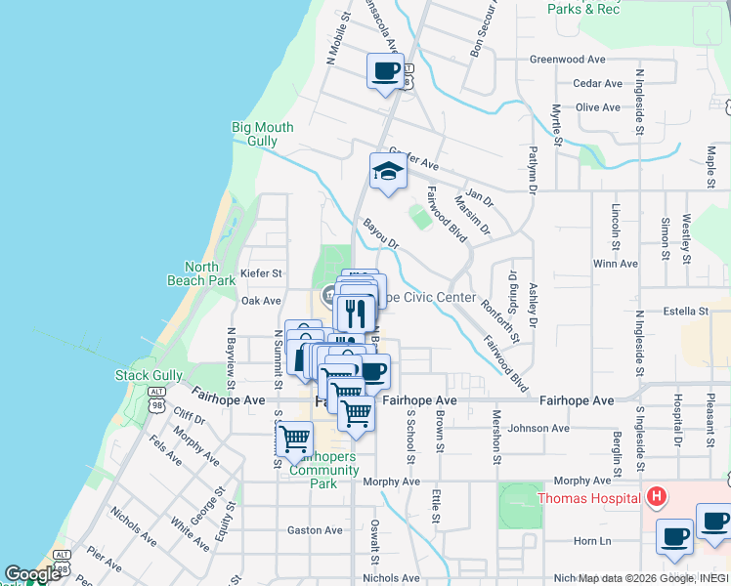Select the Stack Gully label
point(149,374)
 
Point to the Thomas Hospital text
point(589,498)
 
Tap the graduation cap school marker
point(387,173)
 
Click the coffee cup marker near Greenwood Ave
point(385,71)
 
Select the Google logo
point(32,574)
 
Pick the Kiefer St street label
point(261,273)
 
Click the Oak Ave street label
point(261,301)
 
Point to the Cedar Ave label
point(597,84)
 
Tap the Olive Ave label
point(598,107)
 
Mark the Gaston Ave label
point(315,530)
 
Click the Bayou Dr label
point(381,233)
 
